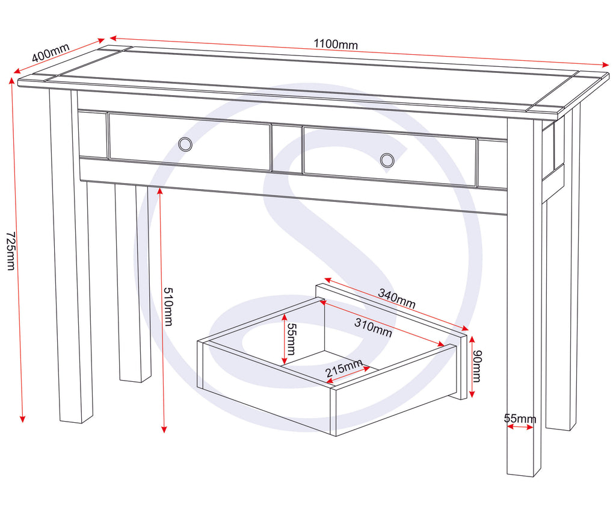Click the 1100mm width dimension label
pos(335,45)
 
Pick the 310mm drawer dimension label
pos(373,327)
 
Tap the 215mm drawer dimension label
pos(344,368)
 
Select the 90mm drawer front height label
pos(477,366)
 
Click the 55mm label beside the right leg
pos(520,419)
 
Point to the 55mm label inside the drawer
pos(291,338)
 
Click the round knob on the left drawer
pos(185,144)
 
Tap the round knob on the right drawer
pos(387,160)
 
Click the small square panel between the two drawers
pos(286,149)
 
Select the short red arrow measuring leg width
pos(520,427)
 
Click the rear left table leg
pos(134,283)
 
